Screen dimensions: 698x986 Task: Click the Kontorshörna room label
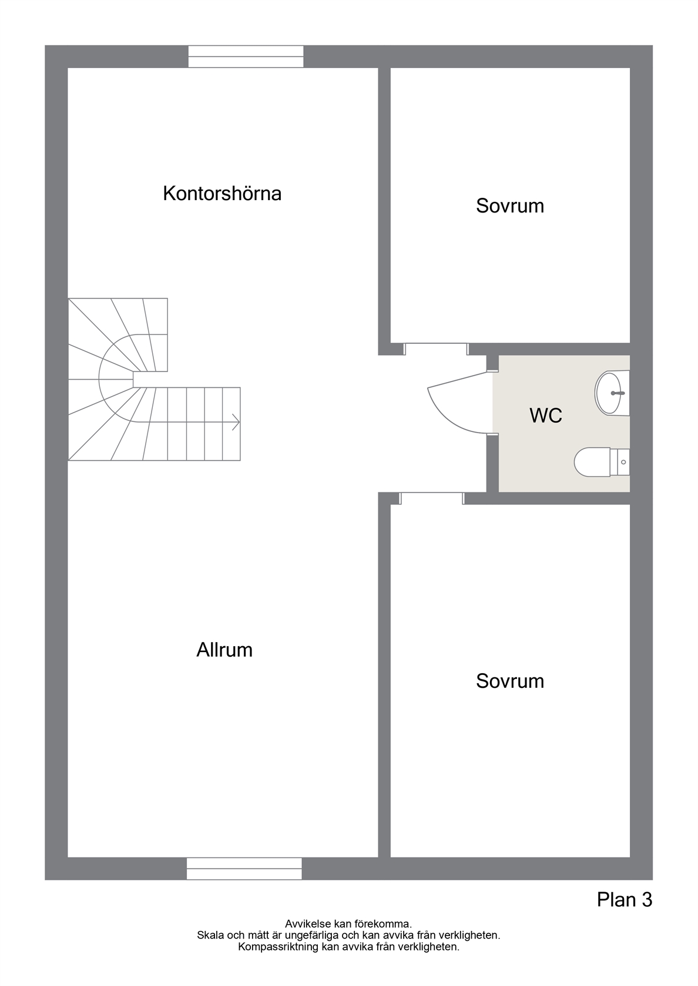click(222, 194)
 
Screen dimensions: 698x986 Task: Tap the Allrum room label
click(224, 650)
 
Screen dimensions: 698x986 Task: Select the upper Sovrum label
click(510, 205)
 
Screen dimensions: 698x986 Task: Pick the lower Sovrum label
click(510, 681)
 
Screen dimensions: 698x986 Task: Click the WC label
click(545, 415)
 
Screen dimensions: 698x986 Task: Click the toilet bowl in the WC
click(592, 462)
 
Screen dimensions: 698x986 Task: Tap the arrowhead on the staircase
click(236, 423)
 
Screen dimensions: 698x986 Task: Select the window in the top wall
click(246, 56)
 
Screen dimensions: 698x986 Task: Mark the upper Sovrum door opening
click(436, 349)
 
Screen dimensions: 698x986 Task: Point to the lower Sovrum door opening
click(431, 498)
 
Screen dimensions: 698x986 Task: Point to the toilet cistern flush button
click(623, 462)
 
